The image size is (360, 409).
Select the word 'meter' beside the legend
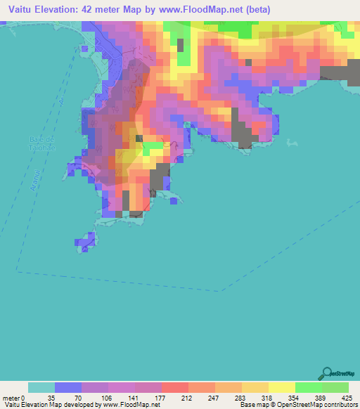(12, 397)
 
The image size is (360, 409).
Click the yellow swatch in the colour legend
(281, 387)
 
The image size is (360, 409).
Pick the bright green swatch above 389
(308, 387)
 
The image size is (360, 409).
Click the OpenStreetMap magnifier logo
(326, 373)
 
